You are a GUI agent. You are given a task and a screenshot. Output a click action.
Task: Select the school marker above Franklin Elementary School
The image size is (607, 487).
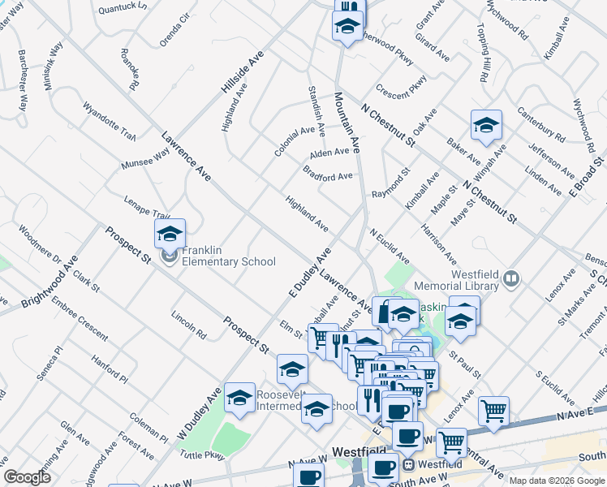pos(170,234)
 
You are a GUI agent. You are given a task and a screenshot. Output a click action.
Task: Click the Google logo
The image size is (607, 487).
pos(27,477)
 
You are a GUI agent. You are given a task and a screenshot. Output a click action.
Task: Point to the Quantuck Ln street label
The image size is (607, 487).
pos(122,6)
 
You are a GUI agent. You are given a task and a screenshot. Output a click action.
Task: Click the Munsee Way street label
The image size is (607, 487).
pos(145,158)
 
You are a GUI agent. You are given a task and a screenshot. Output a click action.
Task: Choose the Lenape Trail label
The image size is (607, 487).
pos(147,208)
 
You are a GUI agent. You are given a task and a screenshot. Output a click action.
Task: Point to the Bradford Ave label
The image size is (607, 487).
pos(328,174)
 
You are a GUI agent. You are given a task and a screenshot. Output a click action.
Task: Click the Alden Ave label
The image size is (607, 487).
pos(329,152)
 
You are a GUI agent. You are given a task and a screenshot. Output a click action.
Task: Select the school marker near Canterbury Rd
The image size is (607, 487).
pos(486,125)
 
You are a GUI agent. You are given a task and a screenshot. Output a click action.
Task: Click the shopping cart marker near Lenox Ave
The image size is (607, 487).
pos(493,411)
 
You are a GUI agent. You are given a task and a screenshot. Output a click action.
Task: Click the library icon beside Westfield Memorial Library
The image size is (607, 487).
pos(510,280)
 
